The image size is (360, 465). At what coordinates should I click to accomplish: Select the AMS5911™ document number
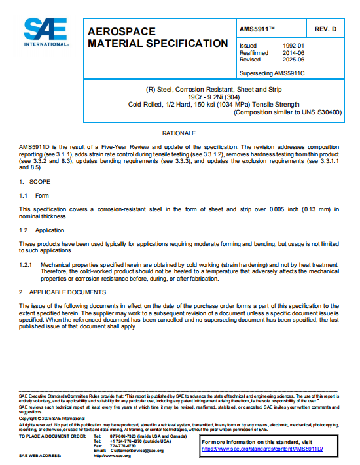point(258,30)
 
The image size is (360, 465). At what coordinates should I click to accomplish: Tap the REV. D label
point(325,30)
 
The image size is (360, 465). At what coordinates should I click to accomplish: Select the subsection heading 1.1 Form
point(34,195)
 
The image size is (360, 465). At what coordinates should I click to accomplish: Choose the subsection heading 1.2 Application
point(42,230)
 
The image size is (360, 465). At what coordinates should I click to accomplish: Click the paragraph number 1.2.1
point(26,265)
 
